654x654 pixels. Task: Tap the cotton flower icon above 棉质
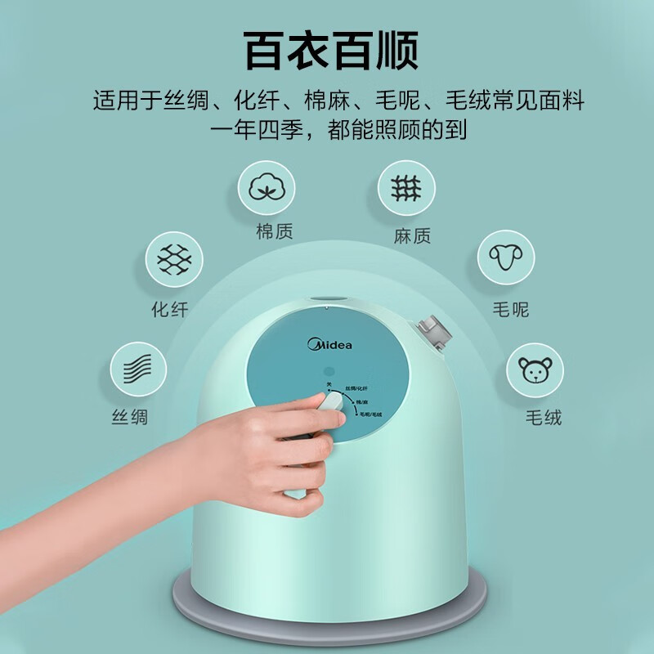(267, 188)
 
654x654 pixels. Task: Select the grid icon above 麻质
(406, 188)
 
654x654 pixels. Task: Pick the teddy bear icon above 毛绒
(536, 370)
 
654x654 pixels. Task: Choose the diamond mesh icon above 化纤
(174, 259)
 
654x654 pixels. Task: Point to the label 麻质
(411, 236)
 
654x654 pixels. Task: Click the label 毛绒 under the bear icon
(544, 418)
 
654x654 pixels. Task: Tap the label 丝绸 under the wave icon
(131, 417)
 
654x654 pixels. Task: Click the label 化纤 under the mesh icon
(169, 310)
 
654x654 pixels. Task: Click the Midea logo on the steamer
(329, 344)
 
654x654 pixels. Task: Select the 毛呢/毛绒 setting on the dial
(371, 416)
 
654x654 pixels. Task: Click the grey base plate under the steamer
(327, 609)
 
